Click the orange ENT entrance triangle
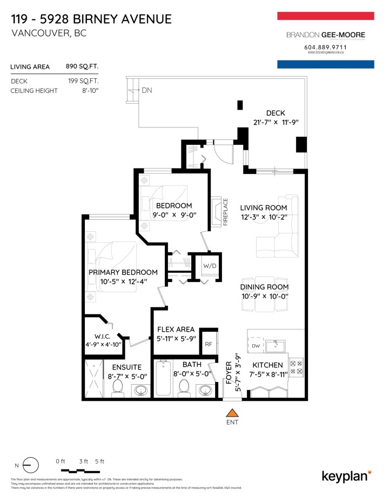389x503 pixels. tap(233, 413)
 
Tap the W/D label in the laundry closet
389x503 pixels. tap(209, 266)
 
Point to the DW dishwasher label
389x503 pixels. tap(257, 346)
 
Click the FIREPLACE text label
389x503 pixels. tap(226, 212)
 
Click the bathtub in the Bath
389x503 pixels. tap(163, 380)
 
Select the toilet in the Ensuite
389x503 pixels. tap(118, 387)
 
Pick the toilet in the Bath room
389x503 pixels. tap(184, 387)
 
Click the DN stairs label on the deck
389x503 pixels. tap(146, 90)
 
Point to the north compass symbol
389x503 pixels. tap(31, 465)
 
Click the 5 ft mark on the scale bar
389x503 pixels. tap(99, 461)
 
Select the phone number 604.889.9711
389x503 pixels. tap(325, 47)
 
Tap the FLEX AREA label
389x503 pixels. tap(176, 329)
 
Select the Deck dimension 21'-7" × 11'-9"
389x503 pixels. tap(275, 123)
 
